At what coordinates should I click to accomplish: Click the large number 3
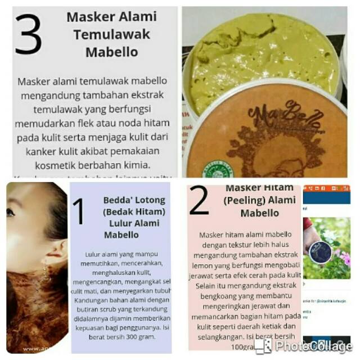click(x=29, y=34)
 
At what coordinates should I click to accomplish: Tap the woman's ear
click(x=53, y=248)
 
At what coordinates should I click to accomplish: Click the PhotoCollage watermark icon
click(x=263, y=345)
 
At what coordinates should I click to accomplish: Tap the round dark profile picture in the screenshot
click(x=319, y=252)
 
